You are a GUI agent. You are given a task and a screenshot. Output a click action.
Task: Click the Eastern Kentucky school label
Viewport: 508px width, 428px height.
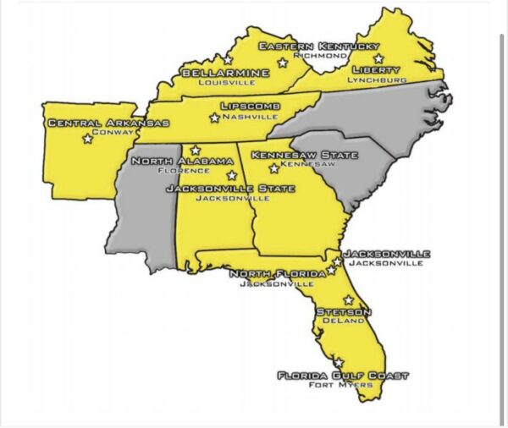coord(318,46)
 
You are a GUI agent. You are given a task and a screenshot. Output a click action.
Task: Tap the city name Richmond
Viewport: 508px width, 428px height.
coord(320,56)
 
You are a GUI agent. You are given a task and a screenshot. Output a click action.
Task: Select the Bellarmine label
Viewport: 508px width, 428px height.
coord(225,74)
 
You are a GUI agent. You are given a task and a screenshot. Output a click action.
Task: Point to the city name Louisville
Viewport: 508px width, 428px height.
coord(224,84)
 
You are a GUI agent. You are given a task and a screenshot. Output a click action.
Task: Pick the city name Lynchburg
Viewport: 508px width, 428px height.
coord(377,80)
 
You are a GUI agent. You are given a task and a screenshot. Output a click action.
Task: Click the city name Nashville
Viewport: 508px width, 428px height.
coord(249,117)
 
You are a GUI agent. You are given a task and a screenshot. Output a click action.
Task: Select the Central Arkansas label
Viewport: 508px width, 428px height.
coord(108,123)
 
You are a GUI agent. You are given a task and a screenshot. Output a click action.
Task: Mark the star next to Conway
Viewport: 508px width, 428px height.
coord(87,139)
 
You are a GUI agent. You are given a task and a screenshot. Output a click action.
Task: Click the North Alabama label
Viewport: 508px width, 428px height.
coord(182,161)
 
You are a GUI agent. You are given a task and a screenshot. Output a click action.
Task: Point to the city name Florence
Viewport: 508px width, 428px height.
coord(183,171)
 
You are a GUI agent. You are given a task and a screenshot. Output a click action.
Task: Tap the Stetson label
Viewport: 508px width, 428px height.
coord(340,311)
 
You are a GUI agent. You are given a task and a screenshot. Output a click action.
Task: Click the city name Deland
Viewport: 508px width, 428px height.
coord(341,321)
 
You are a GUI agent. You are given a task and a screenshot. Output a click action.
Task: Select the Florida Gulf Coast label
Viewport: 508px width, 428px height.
coord(343,375)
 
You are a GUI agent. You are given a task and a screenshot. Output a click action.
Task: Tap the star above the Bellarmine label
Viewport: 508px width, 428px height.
coord(227,60)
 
